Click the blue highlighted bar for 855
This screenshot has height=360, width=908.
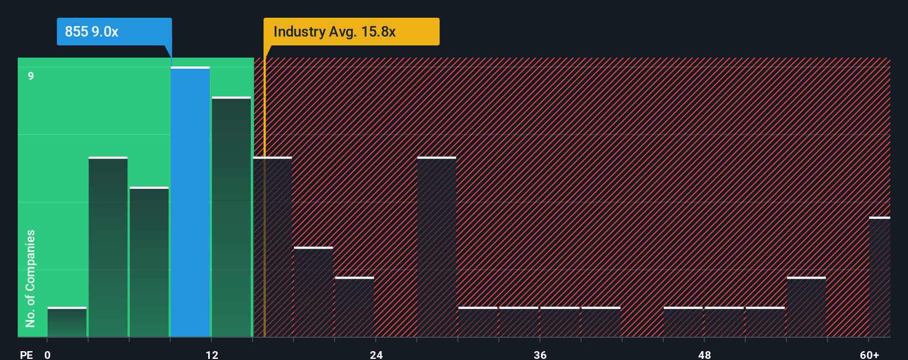[190, 202]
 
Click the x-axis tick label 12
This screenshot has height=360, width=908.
[212, 354]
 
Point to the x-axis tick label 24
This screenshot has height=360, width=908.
[376, 354]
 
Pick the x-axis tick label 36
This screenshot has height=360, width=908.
[540, 354]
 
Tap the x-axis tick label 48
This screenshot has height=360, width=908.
[704, 354]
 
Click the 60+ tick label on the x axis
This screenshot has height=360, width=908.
[869, 354]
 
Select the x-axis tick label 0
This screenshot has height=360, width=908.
[48, 354]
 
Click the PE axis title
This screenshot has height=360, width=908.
[26, 354]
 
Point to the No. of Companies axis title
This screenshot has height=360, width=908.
[30, 278]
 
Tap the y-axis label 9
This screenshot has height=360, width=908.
[31, 76]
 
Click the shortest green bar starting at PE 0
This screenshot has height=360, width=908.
[67, 322]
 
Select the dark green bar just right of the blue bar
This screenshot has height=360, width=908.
[231, 217]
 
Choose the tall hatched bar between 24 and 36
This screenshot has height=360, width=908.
[436, 247]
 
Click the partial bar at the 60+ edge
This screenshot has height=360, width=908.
[879, 277]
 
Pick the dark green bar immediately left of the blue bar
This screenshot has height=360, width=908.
[149, 262]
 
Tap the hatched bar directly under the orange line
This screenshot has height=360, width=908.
[272, 247]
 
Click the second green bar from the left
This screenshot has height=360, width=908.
[108, 247]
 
